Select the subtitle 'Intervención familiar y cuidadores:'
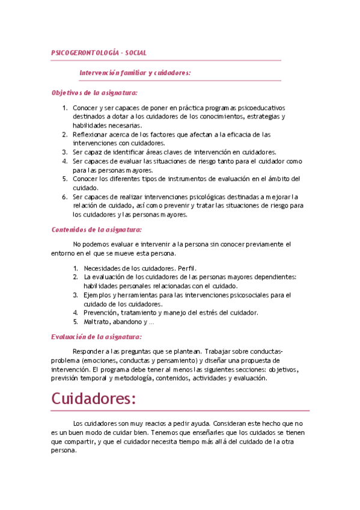click(x=135, y=73)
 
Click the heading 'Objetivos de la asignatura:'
click(x=94, y=93)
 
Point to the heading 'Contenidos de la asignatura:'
click(x=96, y=229)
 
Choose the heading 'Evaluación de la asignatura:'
click(x=96, y=337)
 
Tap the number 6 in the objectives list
click(x=65, y=197)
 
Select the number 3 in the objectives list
click(x=65, y=152)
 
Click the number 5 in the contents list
click(x=76, y=322)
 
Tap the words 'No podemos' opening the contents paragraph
click(x=89, y=244)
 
